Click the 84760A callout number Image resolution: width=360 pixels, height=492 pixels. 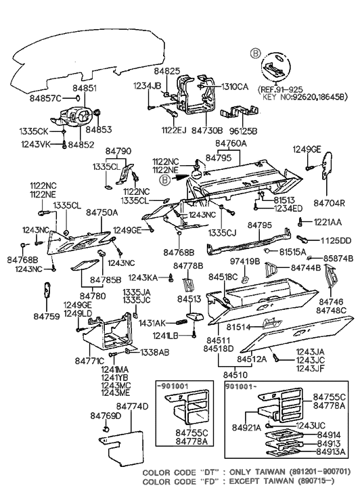click(232, 144)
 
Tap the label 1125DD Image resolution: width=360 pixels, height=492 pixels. click(336, 240)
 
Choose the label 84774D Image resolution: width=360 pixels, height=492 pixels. click(132, 407)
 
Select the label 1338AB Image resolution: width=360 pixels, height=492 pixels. click(137, 353)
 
